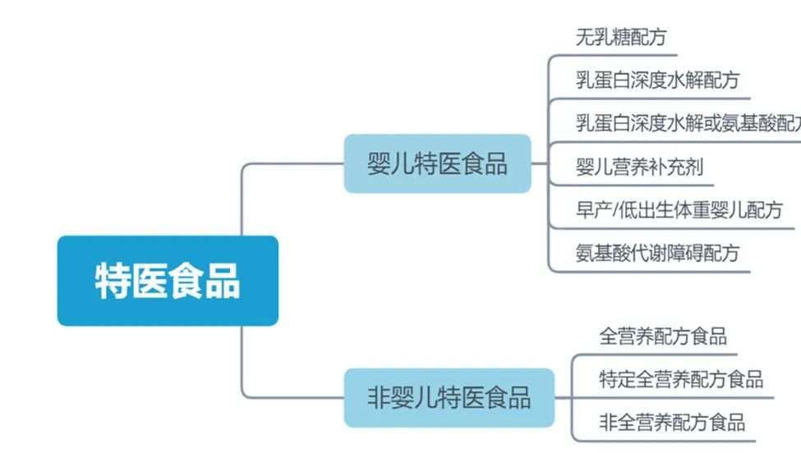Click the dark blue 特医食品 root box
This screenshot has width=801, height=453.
click(x=168, y=281)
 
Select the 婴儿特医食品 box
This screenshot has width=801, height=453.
click(x=437, y=163)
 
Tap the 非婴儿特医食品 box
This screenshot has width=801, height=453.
click(x=449, y=398)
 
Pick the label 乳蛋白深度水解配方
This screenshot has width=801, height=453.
click(x=657, y=80)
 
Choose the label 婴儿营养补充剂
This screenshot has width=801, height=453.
click(x=639, y=167)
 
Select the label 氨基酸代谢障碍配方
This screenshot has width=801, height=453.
click(x=657, y=253)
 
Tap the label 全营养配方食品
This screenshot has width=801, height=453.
click(x=663, y=336)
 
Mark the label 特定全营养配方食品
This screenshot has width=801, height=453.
click(x=681, y=379)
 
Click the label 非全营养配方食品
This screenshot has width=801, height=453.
click(x=672, y=423)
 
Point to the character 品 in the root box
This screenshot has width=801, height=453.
click(x=223, y=281)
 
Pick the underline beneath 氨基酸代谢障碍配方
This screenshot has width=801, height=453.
click(x=649, y=270)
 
